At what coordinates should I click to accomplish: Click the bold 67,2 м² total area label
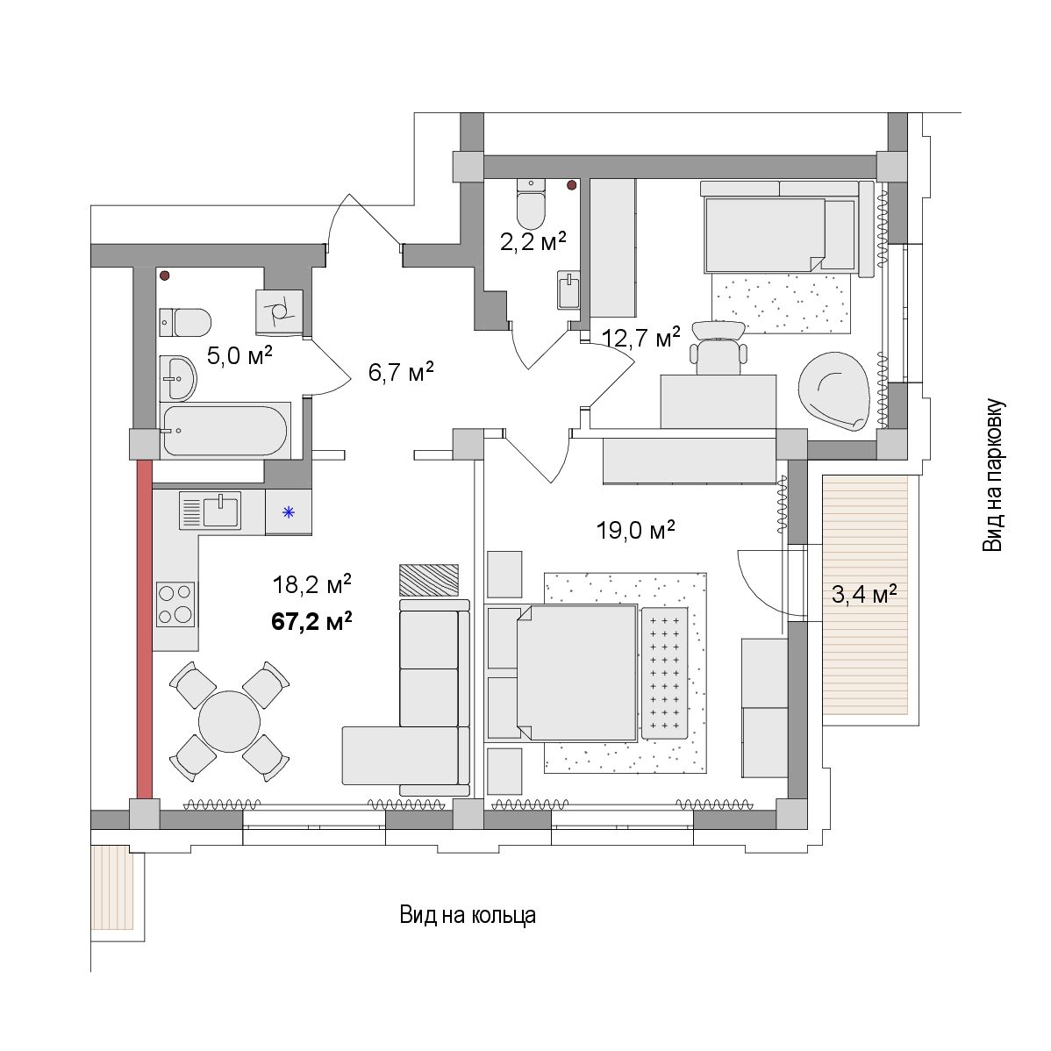(x=311, y=622)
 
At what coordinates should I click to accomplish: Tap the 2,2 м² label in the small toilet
(x=533, y=241)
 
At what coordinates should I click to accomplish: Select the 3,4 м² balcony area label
(x=864, y=594)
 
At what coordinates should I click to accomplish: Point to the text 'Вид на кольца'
(x=468, y=915)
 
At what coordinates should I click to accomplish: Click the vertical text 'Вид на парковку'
(x=993, y=475)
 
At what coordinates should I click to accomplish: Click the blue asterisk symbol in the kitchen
(x=289, y=512)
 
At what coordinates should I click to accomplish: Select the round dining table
(x=229, y=722)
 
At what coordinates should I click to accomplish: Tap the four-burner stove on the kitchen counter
(x=175, y=604)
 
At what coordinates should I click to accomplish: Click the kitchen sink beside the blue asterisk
(x=210, y=510)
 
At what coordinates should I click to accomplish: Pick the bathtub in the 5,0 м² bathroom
(x=225, y=431)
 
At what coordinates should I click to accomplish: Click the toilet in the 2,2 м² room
(x=532, y=204)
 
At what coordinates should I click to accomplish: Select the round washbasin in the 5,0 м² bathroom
(x=177, y=377)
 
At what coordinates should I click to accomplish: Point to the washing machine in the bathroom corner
(x=279, y=311)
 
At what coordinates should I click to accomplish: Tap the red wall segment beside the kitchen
(x=144, y=630)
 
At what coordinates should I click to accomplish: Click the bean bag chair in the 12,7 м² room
(x=833, y=391)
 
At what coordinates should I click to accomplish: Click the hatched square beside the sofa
(x=429, y=580)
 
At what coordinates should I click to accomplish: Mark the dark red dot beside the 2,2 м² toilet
(x=572, y=185)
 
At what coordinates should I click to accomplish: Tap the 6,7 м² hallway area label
(x=401, y=371)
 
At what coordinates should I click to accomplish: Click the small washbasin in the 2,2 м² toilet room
(x=568, y=290)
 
